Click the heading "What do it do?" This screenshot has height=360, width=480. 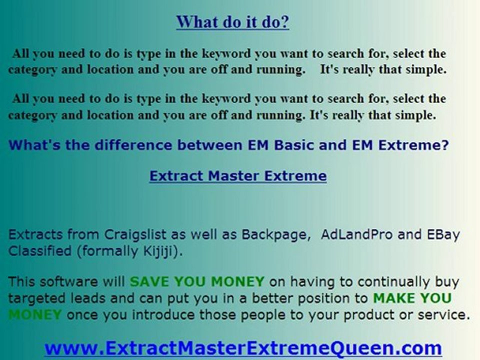pos(232,22)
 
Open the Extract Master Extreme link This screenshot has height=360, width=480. pos(237,176)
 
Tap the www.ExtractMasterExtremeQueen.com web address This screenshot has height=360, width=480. pos(243,348)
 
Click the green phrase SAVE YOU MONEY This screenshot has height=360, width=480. pos(196,281)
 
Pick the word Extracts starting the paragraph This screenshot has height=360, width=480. pos(35,234)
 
